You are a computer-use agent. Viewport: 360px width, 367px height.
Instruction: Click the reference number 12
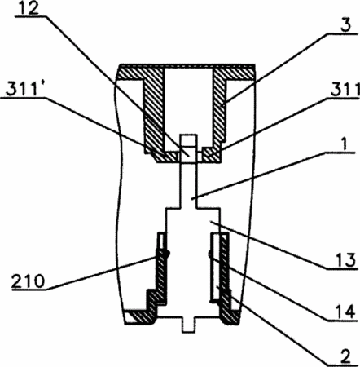(x=28, y=9)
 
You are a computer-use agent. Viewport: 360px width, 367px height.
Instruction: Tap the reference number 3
(x=345, y=24)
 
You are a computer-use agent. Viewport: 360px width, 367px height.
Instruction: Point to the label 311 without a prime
(x=345, y=89)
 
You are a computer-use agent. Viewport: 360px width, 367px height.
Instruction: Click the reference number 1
(x=344, y=144)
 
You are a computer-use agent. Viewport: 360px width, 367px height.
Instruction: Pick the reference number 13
(x=345, y=259)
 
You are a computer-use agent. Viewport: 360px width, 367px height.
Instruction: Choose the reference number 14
(x=345, y=312)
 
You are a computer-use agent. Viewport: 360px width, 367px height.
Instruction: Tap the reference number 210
(x=28, y=281)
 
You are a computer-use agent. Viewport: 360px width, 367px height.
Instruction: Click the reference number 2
(x=345, y=356)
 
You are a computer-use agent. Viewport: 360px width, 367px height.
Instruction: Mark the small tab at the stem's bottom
(x=188, y=325)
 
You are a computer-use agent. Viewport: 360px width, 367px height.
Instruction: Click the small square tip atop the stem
(x=188, y=139)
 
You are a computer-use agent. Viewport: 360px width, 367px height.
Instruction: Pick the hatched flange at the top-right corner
(x=234, y=73)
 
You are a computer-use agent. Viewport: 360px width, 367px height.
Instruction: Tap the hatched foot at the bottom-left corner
(x=141, y=316)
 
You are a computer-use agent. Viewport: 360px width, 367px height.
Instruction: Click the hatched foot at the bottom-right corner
(x=230, y=316)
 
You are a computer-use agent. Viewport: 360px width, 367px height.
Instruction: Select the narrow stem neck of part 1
(x=188, y=186)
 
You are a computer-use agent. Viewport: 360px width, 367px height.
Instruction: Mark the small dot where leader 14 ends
(x=209, y=254)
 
